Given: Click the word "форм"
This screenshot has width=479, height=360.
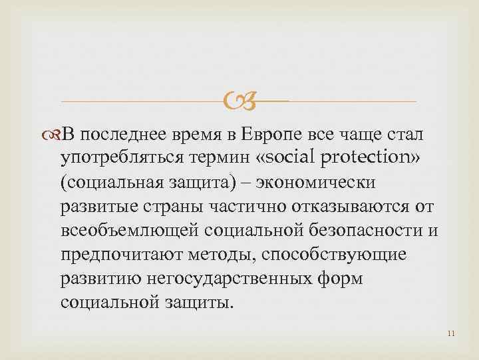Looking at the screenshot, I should click(x=339, y=277).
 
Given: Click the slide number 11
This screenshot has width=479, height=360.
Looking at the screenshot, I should click(x=451, y=333).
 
